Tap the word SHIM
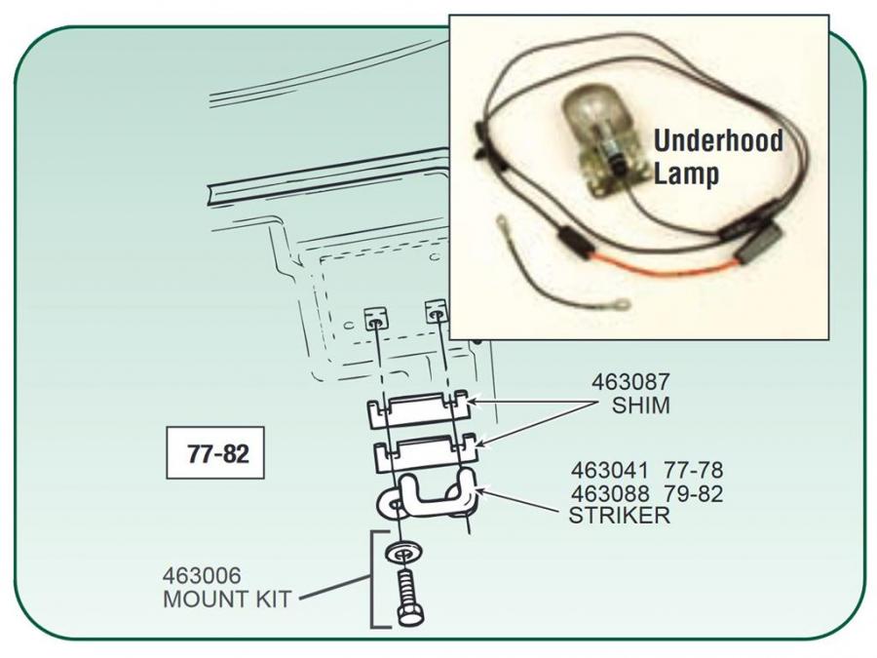pyautogui.click(x=640, y=406)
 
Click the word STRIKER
pyautogui.click(x=619, y=516)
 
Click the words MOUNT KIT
pyautogui.click(x=226, y=600)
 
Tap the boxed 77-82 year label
pyautogui.click(x=215, y=453)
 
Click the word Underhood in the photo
pyautogui.click(x=718, y=140)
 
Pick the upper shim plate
pyautogui.click(x=417, y=411)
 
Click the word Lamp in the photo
pyautogui.click(x=687, y=174)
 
